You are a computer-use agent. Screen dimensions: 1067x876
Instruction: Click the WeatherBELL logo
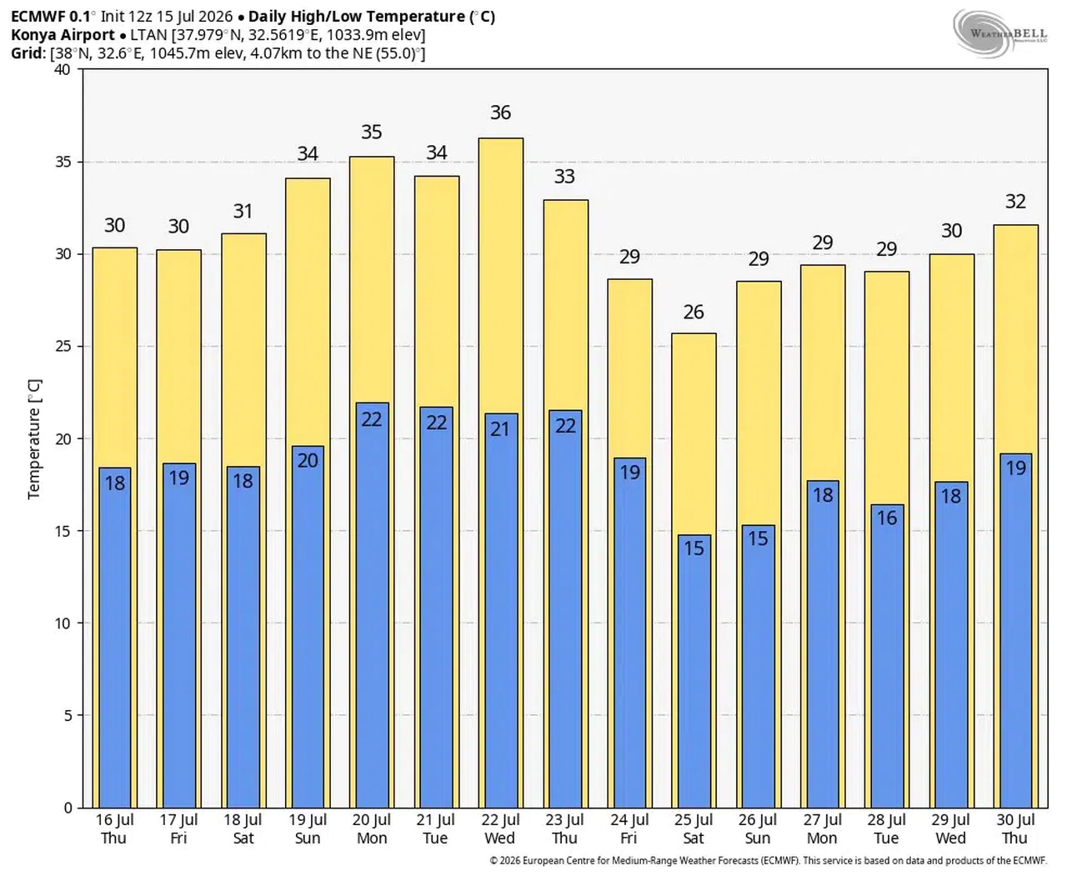(999, 33)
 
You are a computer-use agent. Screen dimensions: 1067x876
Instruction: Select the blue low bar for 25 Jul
(694, 671)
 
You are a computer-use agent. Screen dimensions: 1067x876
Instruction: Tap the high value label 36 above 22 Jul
(500, 113)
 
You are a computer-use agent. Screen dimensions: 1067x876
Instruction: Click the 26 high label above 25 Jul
(693, 312)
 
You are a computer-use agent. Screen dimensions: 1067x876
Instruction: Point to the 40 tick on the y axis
(63, 69)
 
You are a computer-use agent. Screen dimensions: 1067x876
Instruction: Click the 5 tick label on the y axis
(68, 715)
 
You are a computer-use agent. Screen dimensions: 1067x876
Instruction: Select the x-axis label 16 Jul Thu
(114, 829)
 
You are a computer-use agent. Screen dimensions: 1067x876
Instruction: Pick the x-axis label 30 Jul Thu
(1014, 829)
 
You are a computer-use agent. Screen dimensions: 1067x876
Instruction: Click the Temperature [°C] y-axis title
(34, 439)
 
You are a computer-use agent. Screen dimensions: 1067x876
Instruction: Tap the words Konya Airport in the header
(63, 35)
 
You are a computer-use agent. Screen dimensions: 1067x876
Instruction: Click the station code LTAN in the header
(149, 35)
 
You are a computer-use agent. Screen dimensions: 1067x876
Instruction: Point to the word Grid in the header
(27, 53)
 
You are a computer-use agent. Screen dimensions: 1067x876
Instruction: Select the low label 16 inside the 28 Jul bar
(886, 518)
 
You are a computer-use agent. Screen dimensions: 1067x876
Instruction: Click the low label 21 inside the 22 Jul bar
(500, 429)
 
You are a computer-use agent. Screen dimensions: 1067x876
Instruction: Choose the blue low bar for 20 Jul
(372, 605)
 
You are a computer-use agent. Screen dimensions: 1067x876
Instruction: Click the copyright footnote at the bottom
(768, 860)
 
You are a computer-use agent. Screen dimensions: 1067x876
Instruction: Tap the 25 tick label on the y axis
(63, 347)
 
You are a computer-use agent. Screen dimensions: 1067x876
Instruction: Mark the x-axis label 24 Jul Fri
(629, 829)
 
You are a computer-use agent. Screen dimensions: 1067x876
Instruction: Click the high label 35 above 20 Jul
(371, 132)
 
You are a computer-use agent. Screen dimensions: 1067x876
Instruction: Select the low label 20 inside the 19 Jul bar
(308, 460)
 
